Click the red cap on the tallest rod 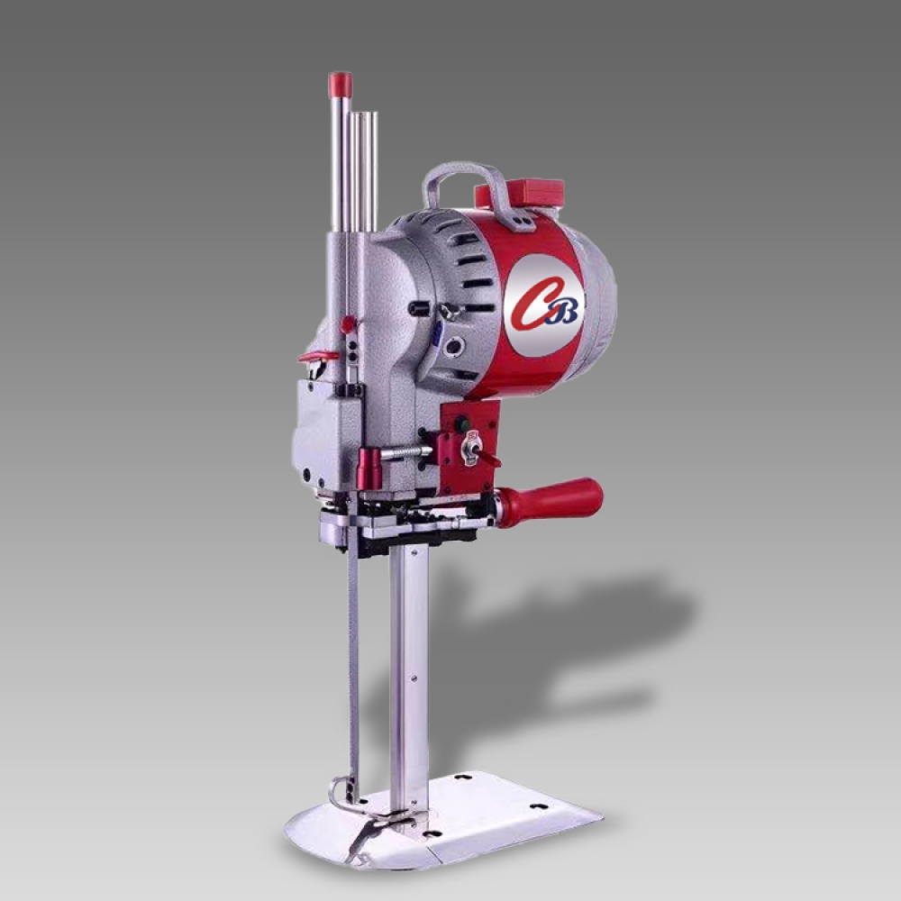point(341,84)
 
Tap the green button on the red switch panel point(460,424)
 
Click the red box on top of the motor point(518,193)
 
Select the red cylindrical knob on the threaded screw point(369,469)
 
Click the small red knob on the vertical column point(348,324)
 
